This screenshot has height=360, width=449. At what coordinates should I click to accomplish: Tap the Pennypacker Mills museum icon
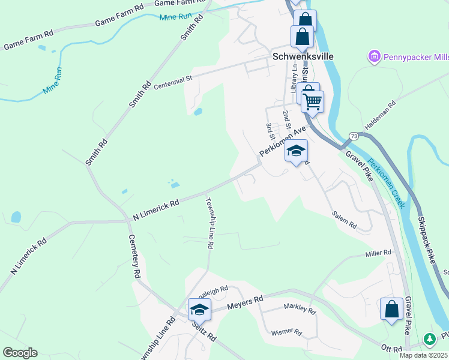click(x=375, y=57)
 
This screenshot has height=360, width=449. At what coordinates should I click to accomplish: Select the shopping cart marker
click(x=312, y=101)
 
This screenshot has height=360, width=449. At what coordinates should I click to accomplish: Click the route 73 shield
click(x=353, y=136)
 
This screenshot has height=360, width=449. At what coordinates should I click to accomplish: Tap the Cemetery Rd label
click(x=134, y=256)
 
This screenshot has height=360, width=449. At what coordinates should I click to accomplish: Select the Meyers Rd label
click(x=246, y=303)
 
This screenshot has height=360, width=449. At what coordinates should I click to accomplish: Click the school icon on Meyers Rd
click(x=199, y=309)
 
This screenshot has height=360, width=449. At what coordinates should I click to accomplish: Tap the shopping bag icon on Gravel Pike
click(x=391, y=310)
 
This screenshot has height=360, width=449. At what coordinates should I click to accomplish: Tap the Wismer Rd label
click(x=285, y=331)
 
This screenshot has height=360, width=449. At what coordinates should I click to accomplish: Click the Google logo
click(x=20, y=353)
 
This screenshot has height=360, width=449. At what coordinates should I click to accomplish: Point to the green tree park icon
click(x=429, y=340)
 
